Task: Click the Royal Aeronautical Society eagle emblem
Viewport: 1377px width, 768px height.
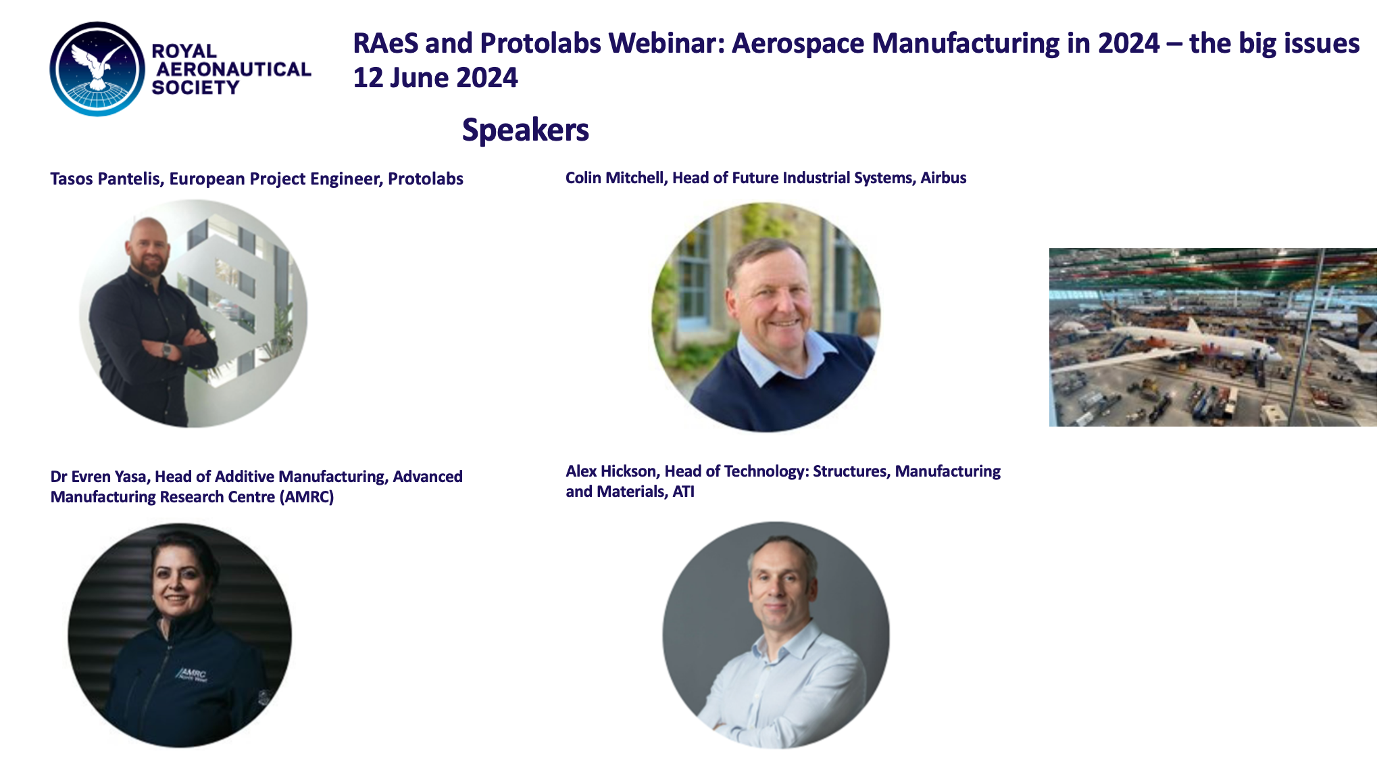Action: click(97, 69)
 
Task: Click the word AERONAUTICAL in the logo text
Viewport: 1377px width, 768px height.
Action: click(233, 69)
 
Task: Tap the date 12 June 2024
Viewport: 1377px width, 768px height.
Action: click(435, 78)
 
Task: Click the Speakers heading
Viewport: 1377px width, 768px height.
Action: click(525, 129)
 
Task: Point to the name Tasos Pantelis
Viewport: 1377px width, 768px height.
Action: click(105, 178)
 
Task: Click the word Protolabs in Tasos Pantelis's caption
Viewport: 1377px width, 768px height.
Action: click(426, 178)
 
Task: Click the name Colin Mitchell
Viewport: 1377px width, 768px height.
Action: click(616, 177)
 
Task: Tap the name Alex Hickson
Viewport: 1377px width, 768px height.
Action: click(611, 471)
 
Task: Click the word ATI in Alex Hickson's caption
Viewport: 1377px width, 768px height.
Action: click(683, 491)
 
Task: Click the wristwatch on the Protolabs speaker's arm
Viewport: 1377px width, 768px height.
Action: click(166, 350)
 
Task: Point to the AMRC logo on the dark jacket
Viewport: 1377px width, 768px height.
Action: click(193, 675)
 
